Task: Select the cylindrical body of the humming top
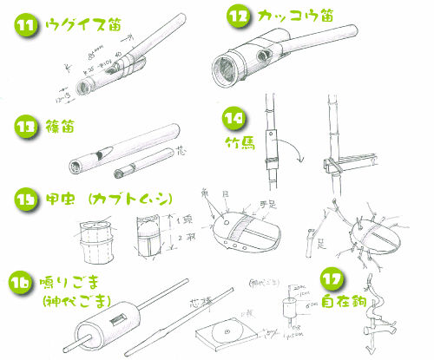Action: click(104, 325)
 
